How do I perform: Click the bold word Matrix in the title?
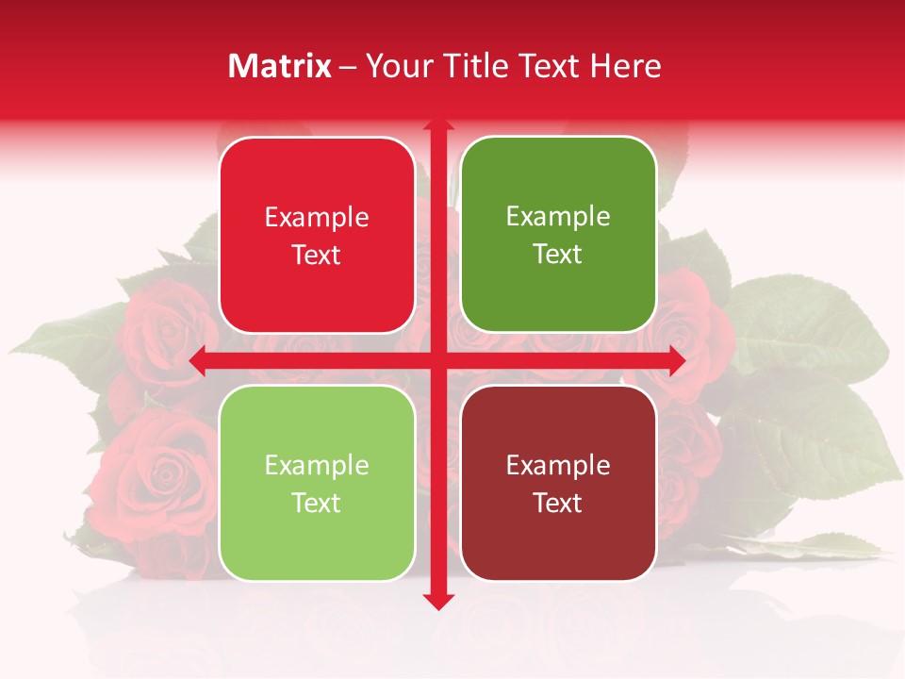tap(280, 66)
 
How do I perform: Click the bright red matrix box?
tap(317, 235)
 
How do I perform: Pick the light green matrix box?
tap(317, 483)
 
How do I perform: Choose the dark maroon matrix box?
tap(558, 483)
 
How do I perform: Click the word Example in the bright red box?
tap(317, 218)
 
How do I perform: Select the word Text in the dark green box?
tap(558, 255)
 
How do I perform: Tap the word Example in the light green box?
tap(317, 466)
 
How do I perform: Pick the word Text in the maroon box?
tap(558, 504)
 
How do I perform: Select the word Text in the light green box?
tap(317, 504)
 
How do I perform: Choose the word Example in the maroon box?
tap(558, 466)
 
